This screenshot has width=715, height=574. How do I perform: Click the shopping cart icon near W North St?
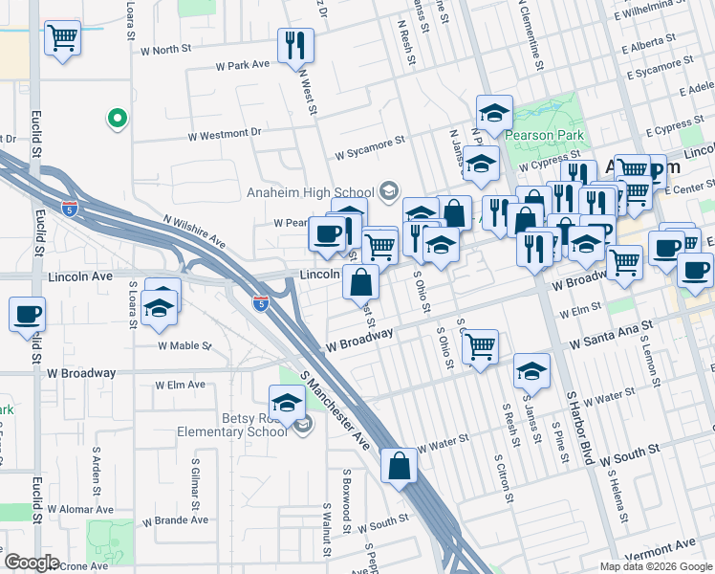(62, 39)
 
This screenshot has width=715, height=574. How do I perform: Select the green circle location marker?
(117, 119)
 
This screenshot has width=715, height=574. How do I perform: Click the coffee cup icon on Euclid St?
(27, 314)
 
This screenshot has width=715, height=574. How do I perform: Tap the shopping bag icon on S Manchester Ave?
(399, 466)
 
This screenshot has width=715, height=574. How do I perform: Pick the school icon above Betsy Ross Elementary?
(287, 402)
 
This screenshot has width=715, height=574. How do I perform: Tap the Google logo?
(32, 563)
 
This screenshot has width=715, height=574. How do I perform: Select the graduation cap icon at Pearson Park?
(494, 113)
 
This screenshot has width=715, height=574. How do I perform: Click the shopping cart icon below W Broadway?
(480, 346)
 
